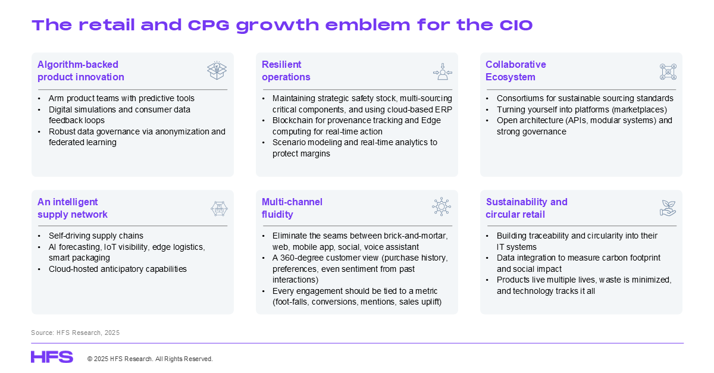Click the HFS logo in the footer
(52, 357)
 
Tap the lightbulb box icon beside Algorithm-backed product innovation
(217, 70)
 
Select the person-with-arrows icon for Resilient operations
(443, 71)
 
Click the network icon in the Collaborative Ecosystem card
(668, 72)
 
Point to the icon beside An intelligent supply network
(220, 209)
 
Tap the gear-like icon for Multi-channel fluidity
(441, 206)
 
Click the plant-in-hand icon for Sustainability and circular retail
(668, 208)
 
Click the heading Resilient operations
(286, 71)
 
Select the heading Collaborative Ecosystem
(516, 71)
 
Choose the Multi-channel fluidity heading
(292, 208)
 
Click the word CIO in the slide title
(516, 25)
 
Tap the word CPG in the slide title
(208, 25)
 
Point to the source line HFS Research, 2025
(75, 333)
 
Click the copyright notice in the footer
(150, 359)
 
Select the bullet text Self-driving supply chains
(96, 236)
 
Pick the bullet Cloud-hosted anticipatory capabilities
(118, 269)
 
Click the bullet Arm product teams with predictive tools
(121, 98)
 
